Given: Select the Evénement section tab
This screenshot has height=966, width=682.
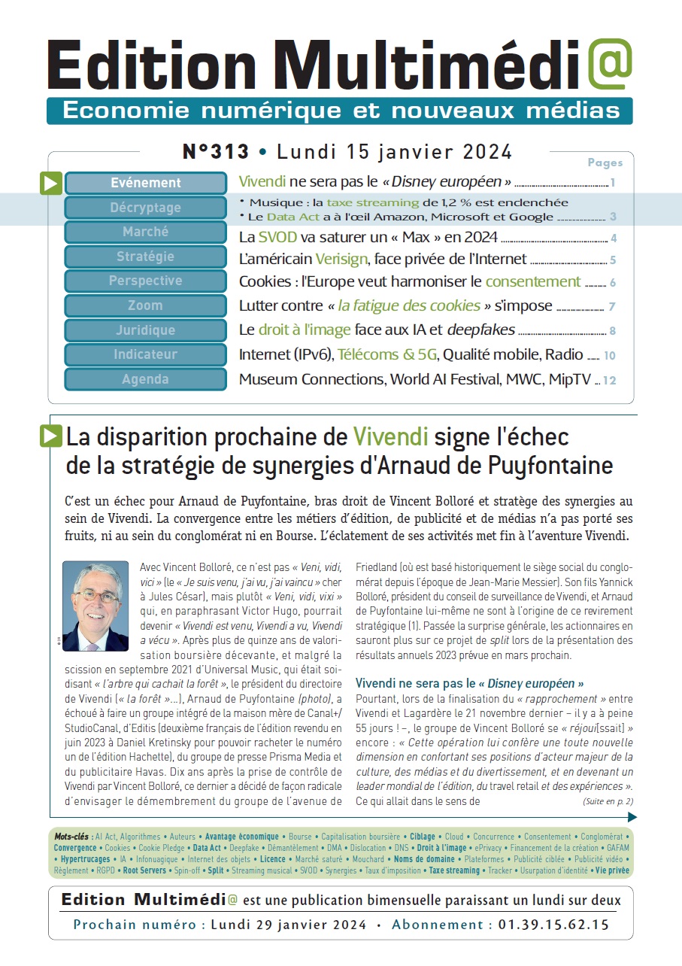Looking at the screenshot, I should [x=146, y=183].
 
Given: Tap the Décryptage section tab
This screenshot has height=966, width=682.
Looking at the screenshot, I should [x=146, y=208].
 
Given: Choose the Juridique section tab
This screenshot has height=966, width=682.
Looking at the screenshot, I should [x=146, y=330].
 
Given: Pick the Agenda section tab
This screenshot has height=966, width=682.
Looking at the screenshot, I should [x=146, y=379].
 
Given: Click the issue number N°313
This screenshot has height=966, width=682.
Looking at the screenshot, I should [x=216, y=152].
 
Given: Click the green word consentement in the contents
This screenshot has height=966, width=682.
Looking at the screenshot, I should [x=533, y=282].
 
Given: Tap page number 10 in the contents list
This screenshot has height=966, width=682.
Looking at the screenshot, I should [x=609, y=356].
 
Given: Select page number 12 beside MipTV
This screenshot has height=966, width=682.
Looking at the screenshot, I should [x=609, y=381].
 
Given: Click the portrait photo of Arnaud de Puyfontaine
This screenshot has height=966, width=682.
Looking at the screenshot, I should [x=95, y=606].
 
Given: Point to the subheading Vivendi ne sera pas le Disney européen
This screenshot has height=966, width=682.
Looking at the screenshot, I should [x=469, y=684].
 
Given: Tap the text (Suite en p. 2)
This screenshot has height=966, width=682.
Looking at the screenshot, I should [x=608, y=801].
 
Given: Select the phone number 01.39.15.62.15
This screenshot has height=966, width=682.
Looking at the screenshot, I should [x=553, y=925].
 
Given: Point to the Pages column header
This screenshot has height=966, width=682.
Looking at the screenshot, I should [x=605, y=163].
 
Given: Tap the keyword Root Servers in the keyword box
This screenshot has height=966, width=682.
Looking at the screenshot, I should [x=144, y=870].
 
